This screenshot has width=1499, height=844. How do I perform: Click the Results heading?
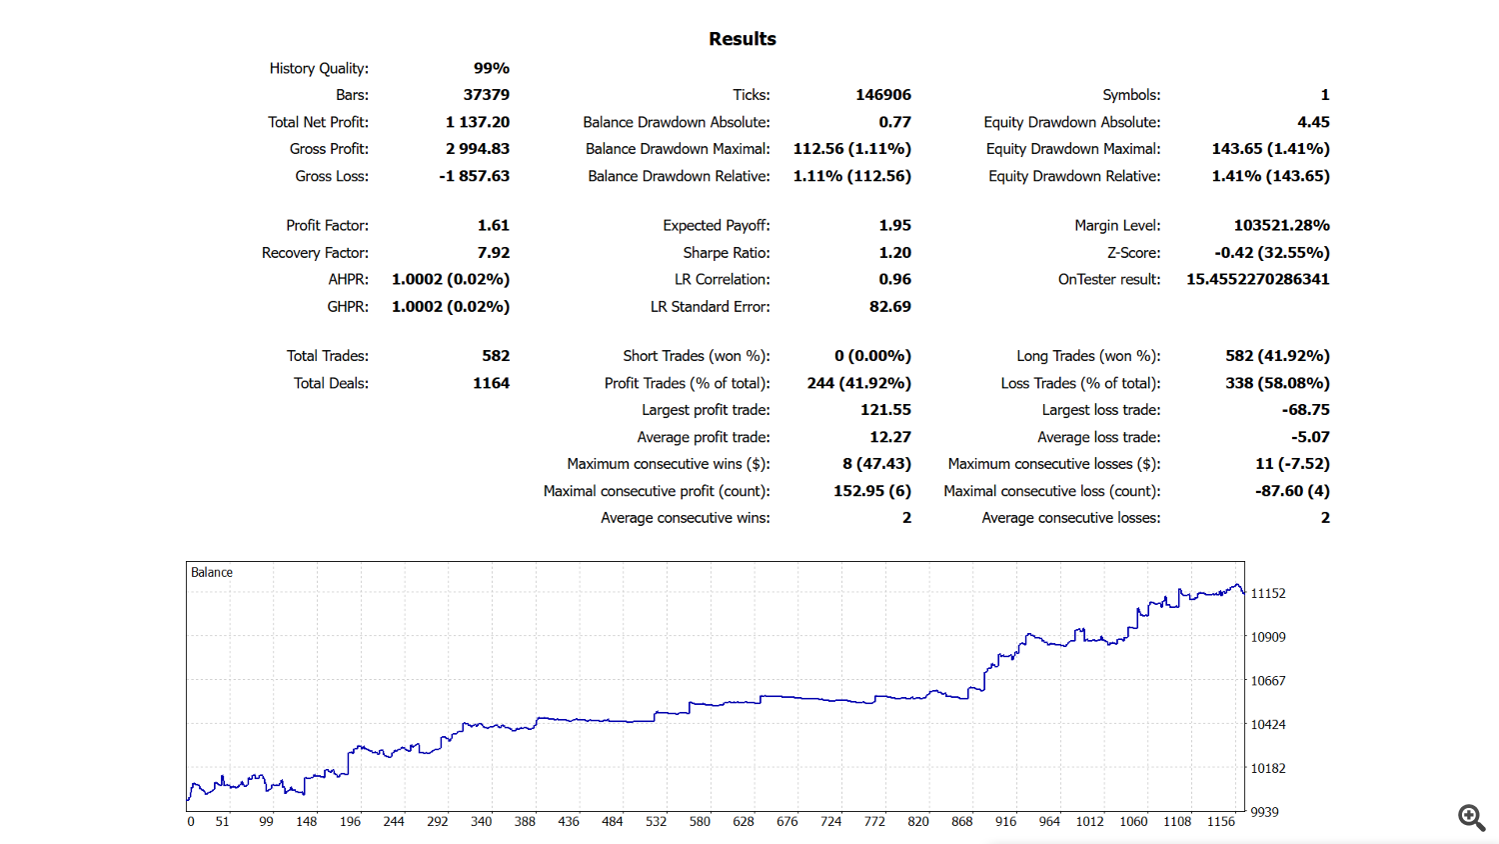[742, 39]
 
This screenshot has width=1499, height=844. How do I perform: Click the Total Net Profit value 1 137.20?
[477, 122]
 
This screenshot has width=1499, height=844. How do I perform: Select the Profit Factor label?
[327, 226]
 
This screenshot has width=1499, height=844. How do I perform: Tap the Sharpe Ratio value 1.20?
[894, 253]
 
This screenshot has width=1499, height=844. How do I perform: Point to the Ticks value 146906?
[882, 95]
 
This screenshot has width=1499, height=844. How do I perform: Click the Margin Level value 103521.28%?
[1281, 226]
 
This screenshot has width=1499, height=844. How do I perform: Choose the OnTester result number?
[1257, 280]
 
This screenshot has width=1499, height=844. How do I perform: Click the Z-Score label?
[1133, 253]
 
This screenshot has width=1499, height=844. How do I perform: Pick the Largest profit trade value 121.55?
[885, 410]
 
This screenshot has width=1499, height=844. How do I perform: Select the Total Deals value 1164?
[491, 383]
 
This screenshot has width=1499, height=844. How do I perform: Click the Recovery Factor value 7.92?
[493, 253]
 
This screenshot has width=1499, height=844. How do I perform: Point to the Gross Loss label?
[332, 176]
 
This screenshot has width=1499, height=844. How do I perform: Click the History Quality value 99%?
[491, 68]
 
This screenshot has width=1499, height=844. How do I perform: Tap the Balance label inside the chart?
[212, 573]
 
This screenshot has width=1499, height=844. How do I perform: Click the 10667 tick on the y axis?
[1268, 681]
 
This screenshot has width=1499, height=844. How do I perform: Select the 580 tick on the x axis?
[700, 822]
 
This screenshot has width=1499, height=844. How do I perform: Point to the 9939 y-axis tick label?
[1264, 812]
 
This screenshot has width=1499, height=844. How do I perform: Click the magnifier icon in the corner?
[1471, 817]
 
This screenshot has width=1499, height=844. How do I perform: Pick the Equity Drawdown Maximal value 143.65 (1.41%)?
[1270, 149]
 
